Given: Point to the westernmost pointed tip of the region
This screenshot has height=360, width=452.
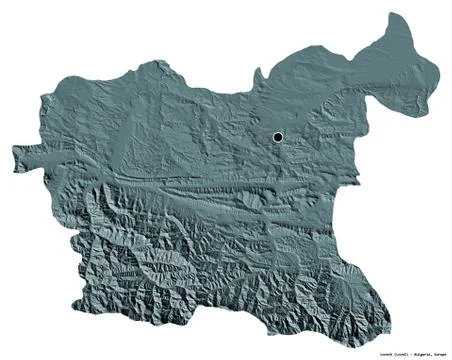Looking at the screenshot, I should [14, 152].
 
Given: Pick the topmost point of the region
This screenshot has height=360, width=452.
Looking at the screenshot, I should [397, 14].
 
